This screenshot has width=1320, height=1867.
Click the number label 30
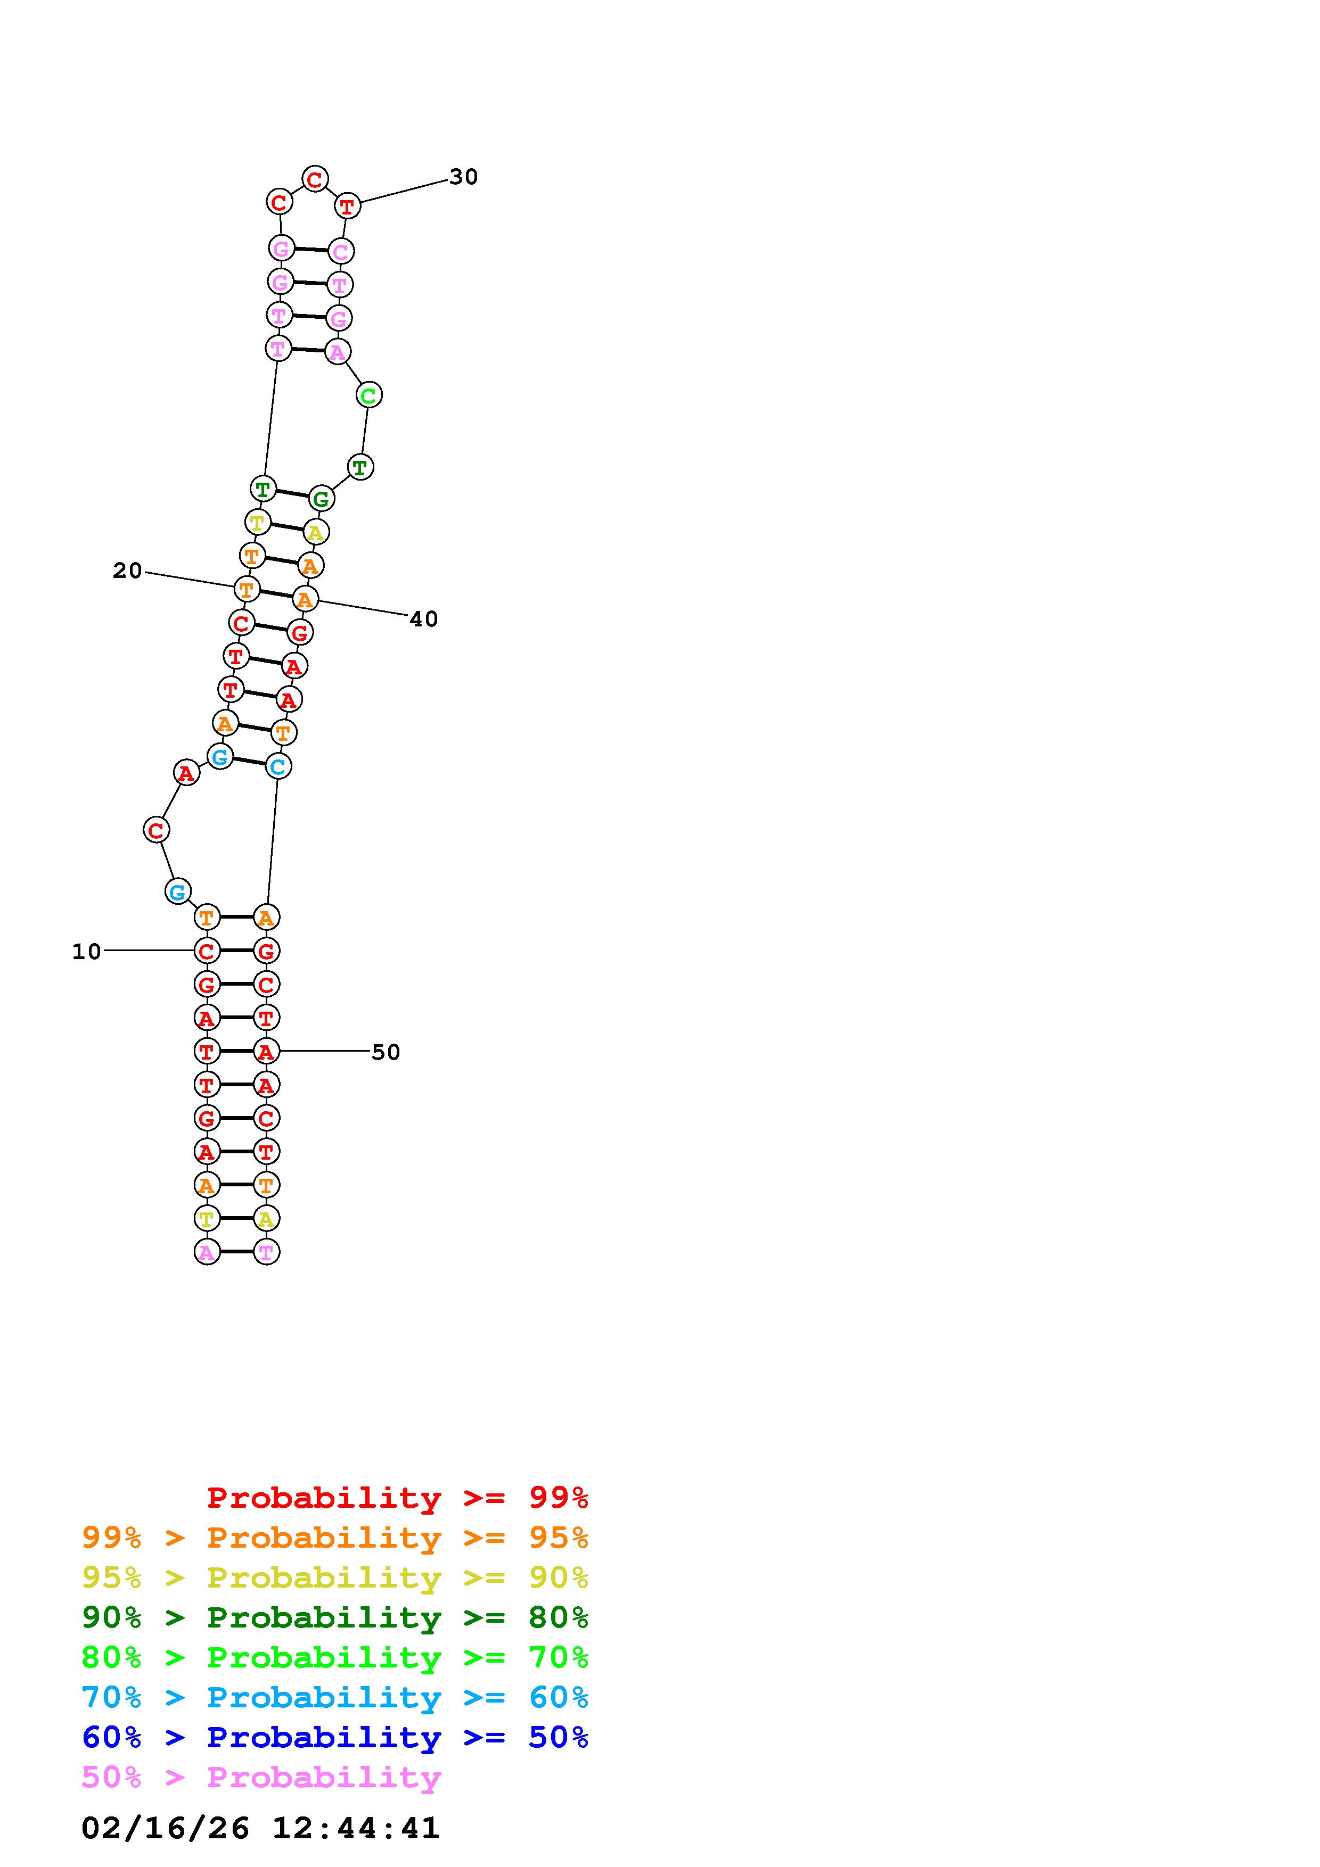tap(464, 177)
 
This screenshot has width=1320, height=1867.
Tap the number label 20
tap(128, 571)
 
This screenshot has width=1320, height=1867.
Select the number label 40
tap(424, 619)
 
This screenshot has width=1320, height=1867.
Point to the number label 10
tap(87, 952)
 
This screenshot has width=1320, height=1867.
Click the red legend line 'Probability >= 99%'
tap(398, 1497)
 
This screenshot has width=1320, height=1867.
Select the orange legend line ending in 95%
tap(335, 1537)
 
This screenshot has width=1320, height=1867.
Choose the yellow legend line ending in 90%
tap(335, 1577)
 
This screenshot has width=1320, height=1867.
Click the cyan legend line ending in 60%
tap(335, 1697)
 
